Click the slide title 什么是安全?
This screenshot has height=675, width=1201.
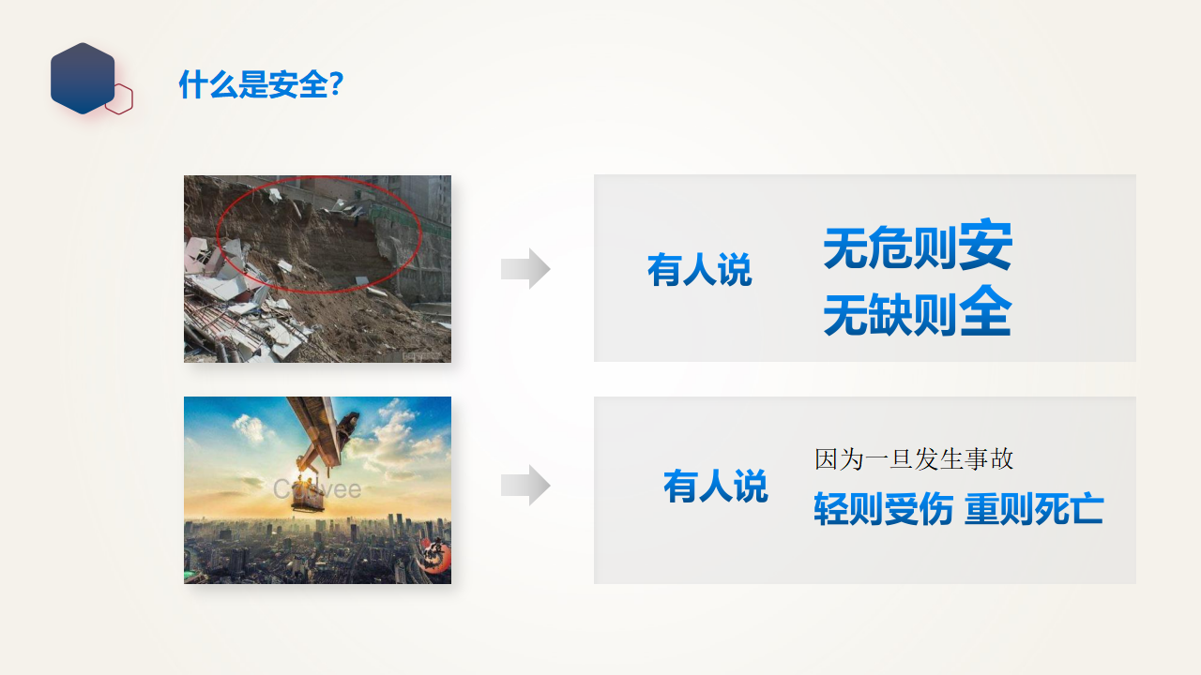tap(261, 84)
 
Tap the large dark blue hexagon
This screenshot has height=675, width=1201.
tap(83, 78)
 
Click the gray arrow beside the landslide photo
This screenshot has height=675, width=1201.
tap(525, 268)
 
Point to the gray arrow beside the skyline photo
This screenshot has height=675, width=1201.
tap(525, 486)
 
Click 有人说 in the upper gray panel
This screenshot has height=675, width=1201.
tap(699, 270)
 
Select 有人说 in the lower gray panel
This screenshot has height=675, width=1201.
tap(716, 487)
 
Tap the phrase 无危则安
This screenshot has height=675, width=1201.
tap(918, 246)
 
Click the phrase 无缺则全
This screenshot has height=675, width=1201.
tap(918, 312)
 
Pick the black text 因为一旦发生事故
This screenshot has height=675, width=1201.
tap(914, 459)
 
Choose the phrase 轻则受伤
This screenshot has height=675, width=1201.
tap(884, 508)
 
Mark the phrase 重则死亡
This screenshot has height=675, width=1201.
tap(1034, 508)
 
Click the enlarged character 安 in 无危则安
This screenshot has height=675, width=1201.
tap(985, 244)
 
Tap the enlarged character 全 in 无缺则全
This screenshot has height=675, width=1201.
tap(985, 310)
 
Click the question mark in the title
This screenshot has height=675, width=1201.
tap(337, 83)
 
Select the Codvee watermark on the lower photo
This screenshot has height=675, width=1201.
tap(317, 489)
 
